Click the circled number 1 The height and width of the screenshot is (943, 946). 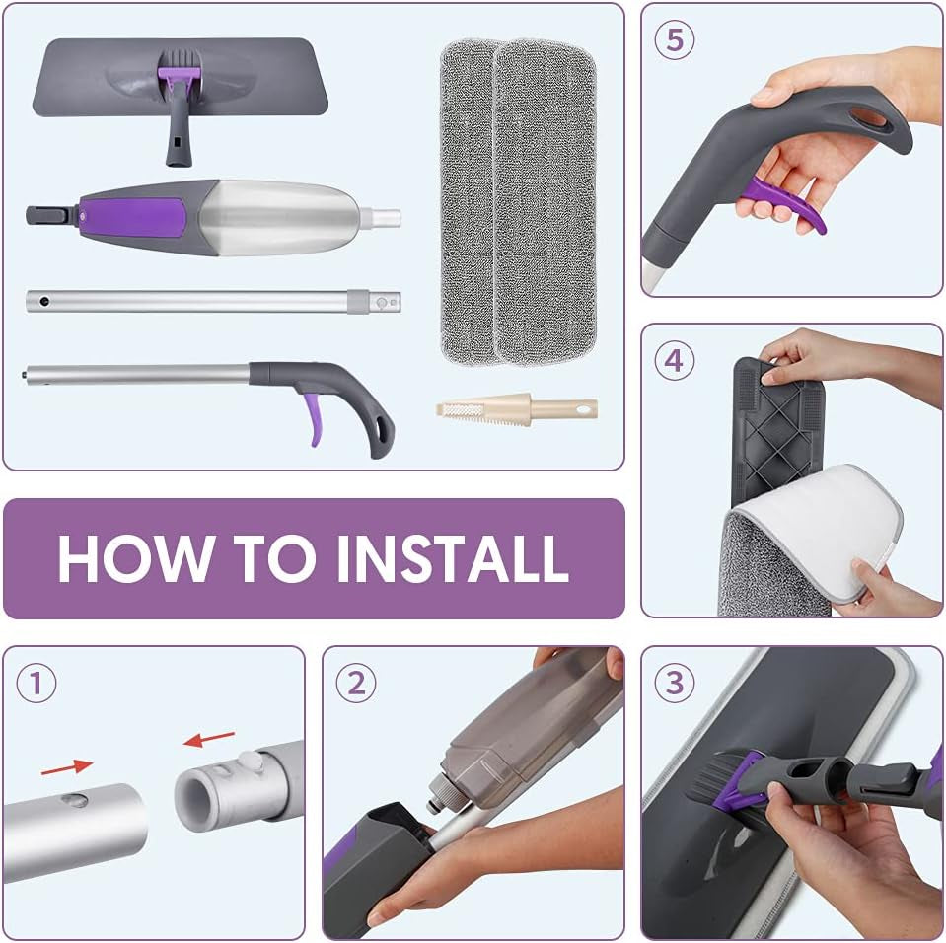click(x=36, y=683)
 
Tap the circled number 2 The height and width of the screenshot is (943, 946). click(x=356, y=683)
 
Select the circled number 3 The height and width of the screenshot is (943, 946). click(x=675, y=683)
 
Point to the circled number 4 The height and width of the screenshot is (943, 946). click(x=674, y=360)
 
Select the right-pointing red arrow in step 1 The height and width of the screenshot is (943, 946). click(x=67, y=764)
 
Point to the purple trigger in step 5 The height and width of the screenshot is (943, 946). click(x=784, y=203)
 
